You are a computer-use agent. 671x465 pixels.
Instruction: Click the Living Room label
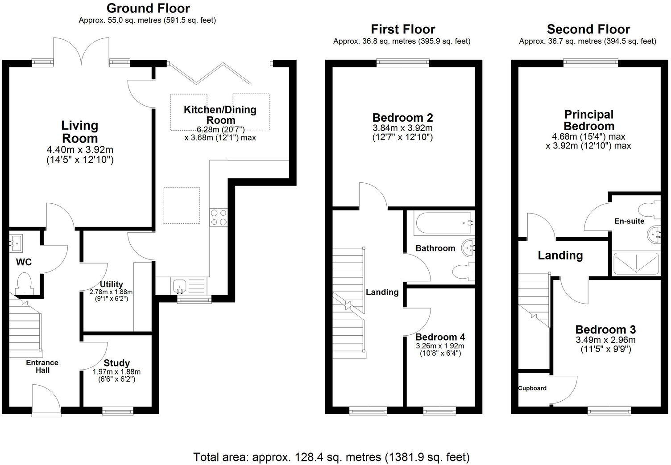[79, 132]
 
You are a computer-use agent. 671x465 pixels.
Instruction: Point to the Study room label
[116, 363]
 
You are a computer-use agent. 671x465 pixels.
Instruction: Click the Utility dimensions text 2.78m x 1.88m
[111, 292]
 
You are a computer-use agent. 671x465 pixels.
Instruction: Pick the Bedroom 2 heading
[402, 118]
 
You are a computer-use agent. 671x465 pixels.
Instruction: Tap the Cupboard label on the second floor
[532, 388]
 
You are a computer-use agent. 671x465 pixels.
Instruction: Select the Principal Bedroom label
[588, 120]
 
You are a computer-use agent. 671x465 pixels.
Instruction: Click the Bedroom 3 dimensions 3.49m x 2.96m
[605, 340]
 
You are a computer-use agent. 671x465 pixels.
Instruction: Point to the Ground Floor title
[148, 8]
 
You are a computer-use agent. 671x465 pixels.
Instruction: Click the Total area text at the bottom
[331, 457]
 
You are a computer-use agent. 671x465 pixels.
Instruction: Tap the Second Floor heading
[588, 29]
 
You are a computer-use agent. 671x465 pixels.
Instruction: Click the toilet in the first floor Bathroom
[462, 272]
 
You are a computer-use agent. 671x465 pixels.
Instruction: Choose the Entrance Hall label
[42, 366]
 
